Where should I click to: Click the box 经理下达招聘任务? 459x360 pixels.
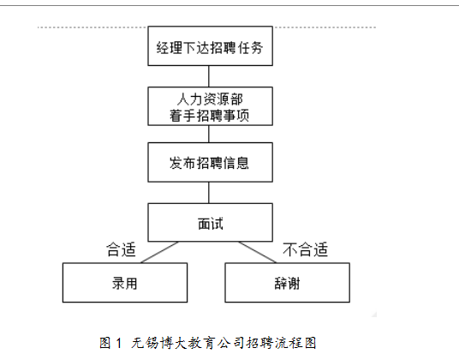(210, 46)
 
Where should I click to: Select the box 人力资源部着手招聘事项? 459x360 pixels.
(210, 106)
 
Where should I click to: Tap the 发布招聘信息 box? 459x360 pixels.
(210, 162)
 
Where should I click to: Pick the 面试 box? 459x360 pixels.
(210, 222)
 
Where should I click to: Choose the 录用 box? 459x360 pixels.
(125, 282)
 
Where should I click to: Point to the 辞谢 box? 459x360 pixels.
(287, 282)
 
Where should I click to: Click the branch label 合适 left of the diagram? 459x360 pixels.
(121, 249)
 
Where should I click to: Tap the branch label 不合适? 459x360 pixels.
(306, 249)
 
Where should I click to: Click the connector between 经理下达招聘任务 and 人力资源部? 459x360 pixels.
(209, 76)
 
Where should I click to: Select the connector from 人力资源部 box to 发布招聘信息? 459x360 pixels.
(209, 135)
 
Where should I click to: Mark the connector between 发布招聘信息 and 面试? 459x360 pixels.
(209, 193)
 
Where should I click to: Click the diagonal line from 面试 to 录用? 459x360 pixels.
(159, 252)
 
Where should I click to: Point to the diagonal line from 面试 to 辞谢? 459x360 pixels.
(257, 252)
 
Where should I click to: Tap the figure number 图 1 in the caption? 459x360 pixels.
(110, 343)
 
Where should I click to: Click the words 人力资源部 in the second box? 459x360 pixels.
(210, 99)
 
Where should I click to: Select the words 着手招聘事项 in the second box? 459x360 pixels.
(209, 115)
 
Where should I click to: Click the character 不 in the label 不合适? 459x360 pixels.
(290, 249)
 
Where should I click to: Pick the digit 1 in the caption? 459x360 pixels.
(118, 343)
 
